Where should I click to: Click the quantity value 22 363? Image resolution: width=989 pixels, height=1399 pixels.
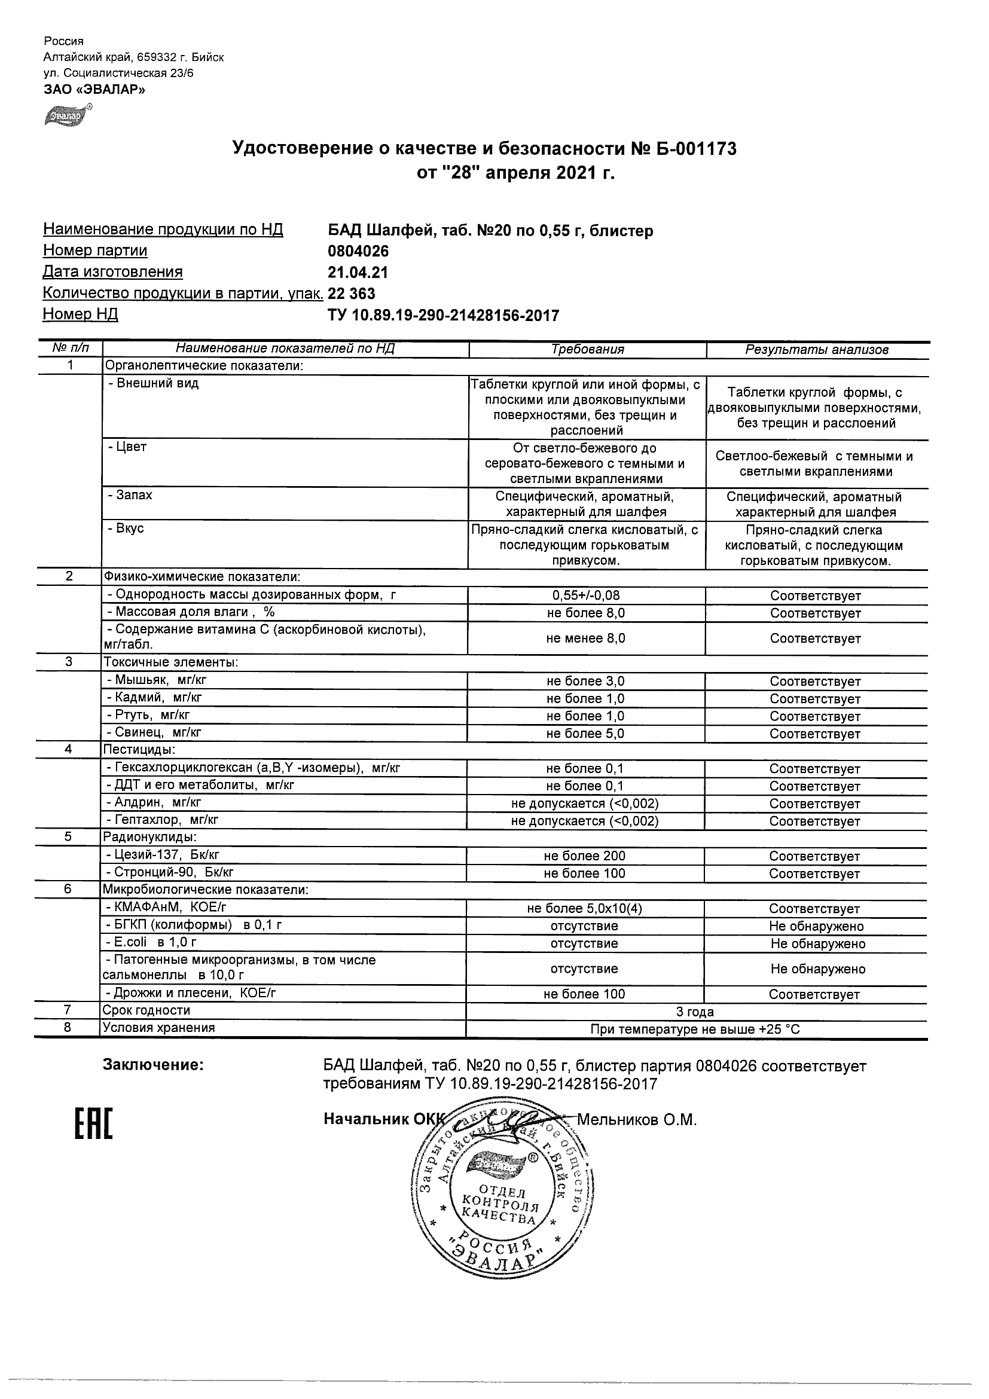pyautogui.click(x=352, y=294)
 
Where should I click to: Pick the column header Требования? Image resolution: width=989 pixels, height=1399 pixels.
pyautogui.click(x=587, y=349)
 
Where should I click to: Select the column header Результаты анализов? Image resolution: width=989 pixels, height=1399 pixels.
pyautogui.click(x=817, y=350)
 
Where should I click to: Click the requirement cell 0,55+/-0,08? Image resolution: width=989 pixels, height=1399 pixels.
pyautogui.click(x=585, y=595)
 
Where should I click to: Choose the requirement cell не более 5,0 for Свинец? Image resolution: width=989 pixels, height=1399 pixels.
pyautogui.click(x=585, y=734)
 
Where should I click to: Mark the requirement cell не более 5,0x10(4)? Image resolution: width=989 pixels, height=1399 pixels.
pyautogui.click(x=584, y=909)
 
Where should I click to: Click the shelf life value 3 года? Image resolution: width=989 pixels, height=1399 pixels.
pyautogui.click(x=695, y=1012)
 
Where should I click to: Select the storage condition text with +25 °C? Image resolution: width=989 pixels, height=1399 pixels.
pyautogui.click(x=695, y=1030)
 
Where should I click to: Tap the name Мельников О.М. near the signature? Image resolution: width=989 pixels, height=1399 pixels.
pyautogui.click(x=636, y=1120)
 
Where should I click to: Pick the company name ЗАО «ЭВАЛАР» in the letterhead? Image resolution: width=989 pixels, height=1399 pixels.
pyautogui.click(x=94, y=90)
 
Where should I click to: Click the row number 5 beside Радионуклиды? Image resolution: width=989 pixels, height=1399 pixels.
pyautogui.click(x=68, y=837)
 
